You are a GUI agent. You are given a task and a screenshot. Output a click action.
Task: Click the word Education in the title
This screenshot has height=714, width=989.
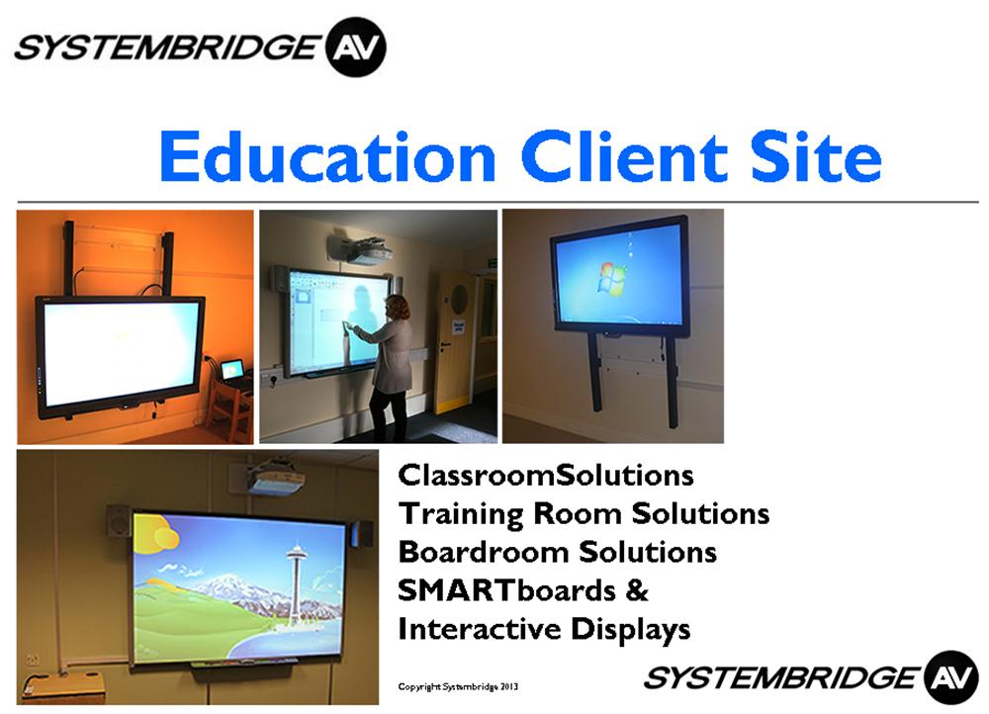(328, 156)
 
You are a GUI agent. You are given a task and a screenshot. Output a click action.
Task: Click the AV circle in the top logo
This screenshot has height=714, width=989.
(356, 47)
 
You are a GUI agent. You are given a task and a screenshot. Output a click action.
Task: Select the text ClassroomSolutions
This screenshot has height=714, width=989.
(546, 475)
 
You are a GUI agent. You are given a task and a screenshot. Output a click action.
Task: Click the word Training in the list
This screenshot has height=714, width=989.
(461, 514)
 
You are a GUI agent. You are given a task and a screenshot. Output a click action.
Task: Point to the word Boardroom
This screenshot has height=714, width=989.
(484, 552)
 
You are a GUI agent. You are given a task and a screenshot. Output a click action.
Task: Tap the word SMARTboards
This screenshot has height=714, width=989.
(506, 590)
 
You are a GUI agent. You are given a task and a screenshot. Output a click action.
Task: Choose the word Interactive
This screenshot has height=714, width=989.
(480, 629)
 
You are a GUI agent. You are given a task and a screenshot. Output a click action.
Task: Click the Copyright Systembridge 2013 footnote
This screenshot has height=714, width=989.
(458, 686)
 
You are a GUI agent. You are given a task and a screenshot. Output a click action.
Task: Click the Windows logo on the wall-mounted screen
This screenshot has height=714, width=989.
(612, 279)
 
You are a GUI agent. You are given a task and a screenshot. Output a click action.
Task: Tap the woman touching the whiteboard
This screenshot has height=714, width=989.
(385, 365)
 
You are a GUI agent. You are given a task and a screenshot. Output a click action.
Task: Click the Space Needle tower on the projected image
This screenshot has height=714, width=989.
(295, 580)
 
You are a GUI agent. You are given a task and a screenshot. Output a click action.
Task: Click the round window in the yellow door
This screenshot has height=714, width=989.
(460, 295)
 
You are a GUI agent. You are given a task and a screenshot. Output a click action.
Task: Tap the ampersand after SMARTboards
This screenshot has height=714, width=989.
(637, 591)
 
